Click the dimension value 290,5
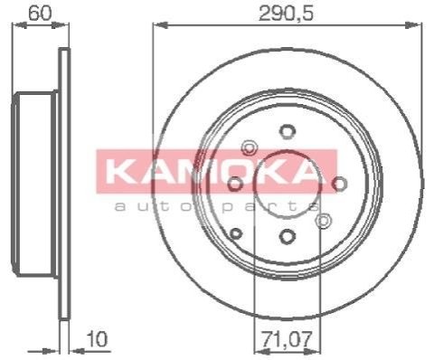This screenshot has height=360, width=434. click(287, 14)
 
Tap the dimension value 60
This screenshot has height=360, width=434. click(40, 14)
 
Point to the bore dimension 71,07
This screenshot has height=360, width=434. click(286, 339)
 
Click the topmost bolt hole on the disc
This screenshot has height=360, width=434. click(288, 131)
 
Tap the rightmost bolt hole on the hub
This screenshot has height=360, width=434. click(339, 184)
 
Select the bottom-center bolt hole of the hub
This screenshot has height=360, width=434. click(287, 236)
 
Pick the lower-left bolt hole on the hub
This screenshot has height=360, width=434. click(236, 233)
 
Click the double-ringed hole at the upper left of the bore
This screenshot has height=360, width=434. click(250, 148)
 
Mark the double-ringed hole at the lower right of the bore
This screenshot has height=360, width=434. click(323, 221)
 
